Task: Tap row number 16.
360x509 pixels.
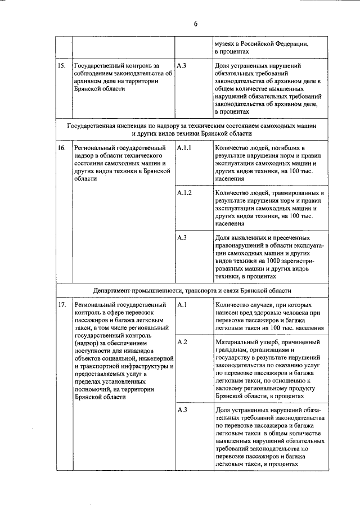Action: pos(62,147)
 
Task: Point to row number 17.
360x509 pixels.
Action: pos(62,305)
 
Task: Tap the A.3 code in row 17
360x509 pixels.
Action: pos(182,409)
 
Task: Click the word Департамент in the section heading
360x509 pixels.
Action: pos(116,291)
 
